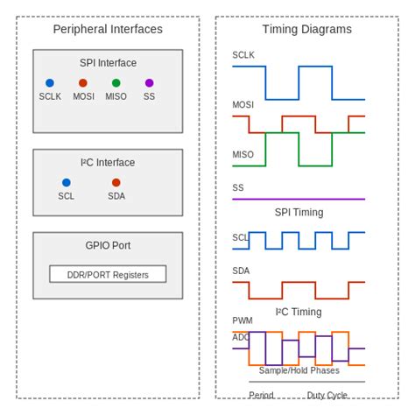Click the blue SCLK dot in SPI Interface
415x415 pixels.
pos(50,83)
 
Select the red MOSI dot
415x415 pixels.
pos(83,83)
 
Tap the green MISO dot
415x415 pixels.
pos(116,83)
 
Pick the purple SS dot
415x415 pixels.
pos(149,83)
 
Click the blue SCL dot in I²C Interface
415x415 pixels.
pos(67,183)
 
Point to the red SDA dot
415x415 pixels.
pos(116,183)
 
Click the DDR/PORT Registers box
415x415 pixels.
pos(108,274)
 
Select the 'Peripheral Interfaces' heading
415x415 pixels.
pos(108,29)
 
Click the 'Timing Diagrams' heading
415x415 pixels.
pos(306,29)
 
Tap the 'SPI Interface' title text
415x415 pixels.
pos(108,63)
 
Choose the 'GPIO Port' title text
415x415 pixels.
pos(108,245)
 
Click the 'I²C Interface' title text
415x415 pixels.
pos(108,163)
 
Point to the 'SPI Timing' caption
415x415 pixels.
pos(299,213)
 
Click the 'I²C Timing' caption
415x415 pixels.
pos(299,312)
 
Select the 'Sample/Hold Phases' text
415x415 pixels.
pos(299,370)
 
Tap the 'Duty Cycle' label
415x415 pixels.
pos(327,396)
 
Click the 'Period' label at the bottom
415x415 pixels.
pos(261,396)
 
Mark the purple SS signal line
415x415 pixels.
pos(299,200)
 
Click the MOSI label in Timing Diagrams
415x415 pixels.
pos(243,105)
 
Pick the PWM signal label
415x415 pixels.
pos(242,321)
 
